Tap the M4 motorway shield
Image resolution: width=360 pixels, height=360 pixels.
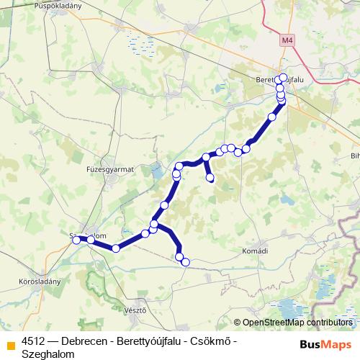pyautogui.click(x=289, y=40)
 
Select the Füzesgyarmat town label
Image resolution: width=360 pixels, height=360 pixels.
pyautogui.click(x=110, y=168)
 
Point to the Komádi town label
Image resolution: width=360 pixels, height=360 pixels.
pyautogui.click(x=253, y=251)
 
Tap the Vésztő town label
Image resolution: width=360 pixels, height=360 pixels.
pyautogui.click(x=135, y=310)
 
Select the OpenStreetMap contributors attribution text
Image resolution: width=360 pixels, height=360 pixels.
pyautogui.click(x=297, y=323)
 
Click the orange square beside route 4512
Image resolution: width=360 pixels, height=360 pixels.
pyautogui.click(x=10, y=343)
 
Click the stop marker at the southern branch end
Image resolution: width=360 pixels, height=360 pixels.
pyautogui.click(x=185, y=263)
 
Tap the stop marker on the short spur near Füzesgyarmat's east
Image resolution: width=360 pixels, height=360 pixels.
pyautogui.click(x=210, y=177)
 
